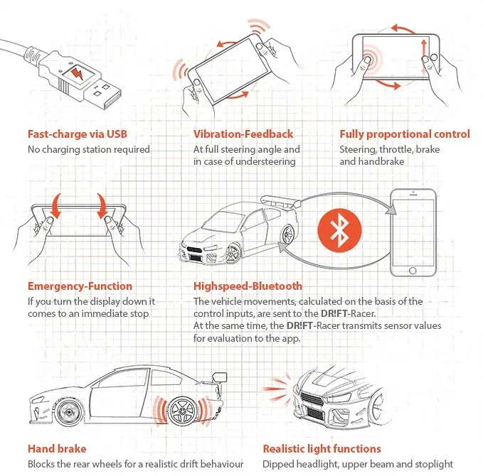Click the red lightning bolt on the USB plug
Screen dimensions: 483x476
[x=78, y=74]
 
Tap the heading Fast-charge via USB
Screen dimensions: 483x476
[x=78, y=134]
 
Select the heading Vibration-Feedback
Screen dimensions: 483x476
[x=243, y=134]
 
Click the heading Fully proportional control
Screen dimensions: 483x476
[x=405, y=134]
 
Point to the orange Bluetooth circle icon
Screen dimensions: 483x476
[x=339, y=230]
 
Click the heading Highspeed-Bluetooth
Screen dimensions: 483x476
[x=248, y=286]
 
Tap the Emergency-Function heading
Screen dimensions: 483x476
[x=80, y=286]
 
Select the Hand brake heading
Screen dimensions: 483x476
[x=57, y=448]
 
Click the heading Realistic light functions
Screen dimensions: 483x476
[x=322, y=449]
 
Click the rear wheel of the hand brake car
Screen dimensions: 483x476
[x=182, y=411]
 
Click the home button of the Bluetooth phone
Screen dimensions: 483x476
[x=413, y=271]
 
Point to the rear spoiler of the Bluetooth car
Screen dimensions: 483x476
[x=280, y=201]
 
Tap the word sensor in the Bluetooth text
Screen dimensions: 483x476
[x=394, y=326]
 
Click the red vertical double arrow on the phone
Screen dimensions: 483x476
[x=425, y=58]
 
